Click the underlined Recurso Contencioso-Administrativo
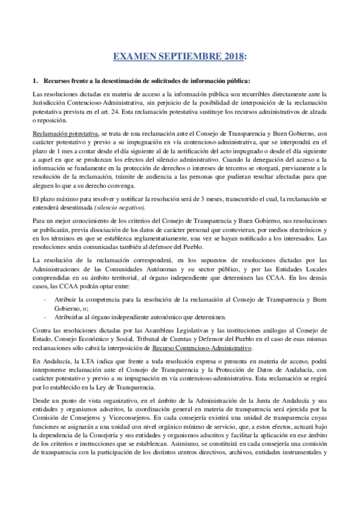201,348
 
